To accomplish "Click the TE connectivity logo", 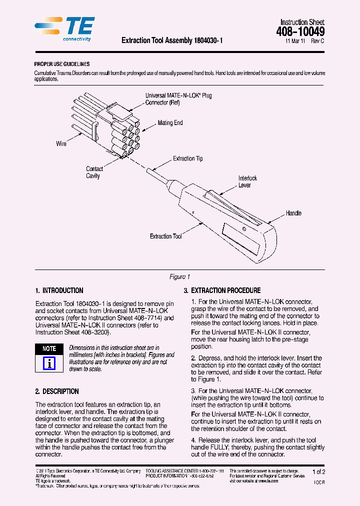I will coord(65,28).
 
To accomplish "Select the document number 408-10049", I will coord(300,32).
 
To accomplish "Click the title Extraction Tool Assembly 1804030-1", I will coord(172,41).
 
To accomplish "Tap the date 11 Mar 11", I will coord(295,41).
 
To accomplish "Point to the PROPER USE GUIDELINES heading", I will coord(62,64).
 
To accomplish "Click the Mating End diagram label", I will coord(170,123).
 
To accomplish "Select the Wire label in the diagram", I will coord(61,144).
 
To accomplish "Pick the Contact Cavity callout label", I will coord(94,172).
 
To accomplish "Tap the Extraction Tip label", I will coord(187,158).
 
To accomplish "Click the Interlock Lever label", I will coord(247,181).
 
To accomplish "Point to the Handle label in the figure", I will coord(293,213).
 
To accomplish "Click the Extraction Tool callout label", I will coord(165,236).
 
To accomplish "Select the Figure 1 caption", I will coord(180,277).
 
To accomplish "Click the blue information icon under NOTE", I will coord(49,363).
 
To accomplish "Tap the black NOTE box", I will coord(49,348).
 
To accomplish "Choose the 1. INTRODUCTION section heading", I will coord(59,290).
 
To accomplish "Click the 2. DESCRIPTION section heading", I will coord(57,391).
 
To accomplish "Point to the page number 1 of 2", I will coord(318,472).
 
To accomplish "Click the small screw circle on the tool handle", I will coord(243,229).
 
